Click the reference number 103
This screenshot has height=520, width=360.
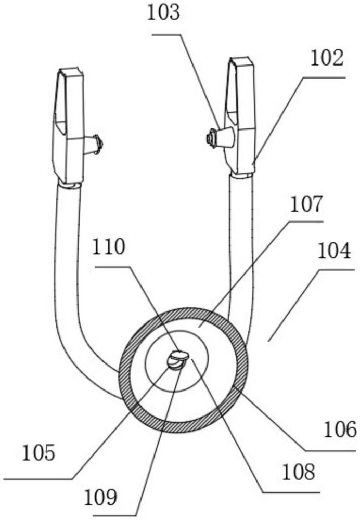click(x=163, y=14)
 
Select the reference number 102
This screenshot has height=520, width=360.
click(x=327, y=59)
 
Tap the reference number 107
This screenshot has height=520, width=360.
click(x=306, y=204)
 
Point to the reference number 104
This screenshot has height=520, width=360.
click(x=334, y=251)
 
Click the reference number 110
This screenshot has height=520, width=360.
click(x=109, y=247)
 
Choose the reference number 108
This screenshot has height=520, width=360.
click(x=298, y=472)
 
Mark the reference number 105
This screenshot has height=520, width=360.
click(x=38, y=453)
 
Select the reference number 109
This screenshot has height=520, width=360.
click(x=100, y=498)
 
